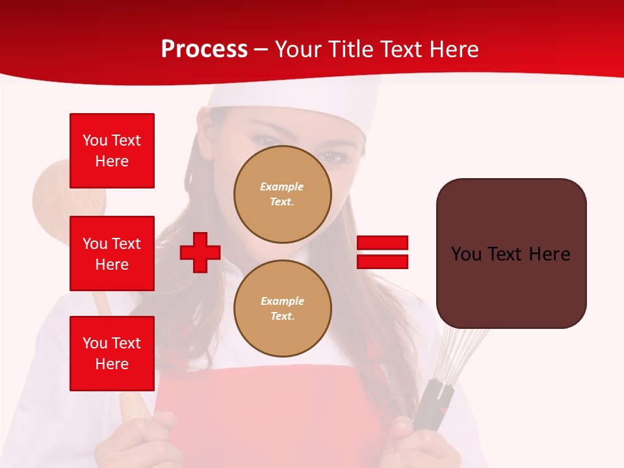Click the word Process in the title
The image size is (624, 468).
pyautogui.click(x=204, y=49)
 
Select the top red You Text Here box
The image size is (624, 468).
pyautogui.click(x=112, y=151)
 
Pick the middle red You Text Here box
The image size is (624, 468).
pyautogui.click(x=112, y=253)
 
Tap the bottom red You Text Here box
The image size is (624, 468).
pyautogui.click(x=112, y=354)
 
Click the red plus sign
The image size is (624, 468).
pyautogui.click(x=200, y=253)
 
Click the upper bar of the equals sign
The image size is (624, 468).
pyautogui.click(x=382, y=243)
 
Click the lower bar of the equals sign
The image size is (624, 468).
pyautogui.click(x=382, y=261)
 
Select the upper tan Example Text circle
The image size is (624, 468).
pyautogui.click(x=282, y=194)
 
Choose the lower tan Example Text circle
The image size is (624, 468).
pyautogui.click(x=282, y=309)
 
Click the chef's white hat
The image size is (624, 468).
pyautogui.click(x=338, y=97)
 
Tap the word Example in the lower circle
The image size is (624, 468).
pyautogui.click(x=282, y=301)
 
